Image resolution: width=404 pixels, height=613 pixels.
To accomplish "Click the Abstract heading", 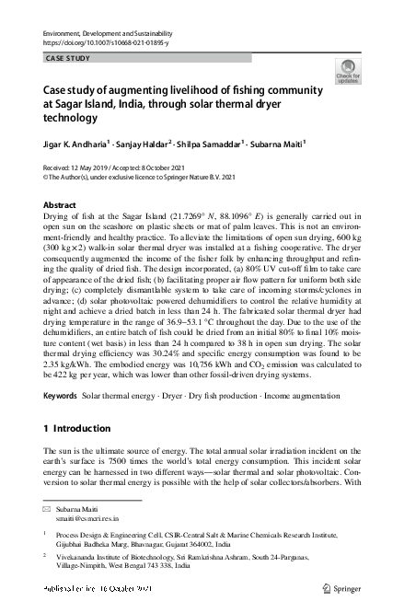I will point(60,204).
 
